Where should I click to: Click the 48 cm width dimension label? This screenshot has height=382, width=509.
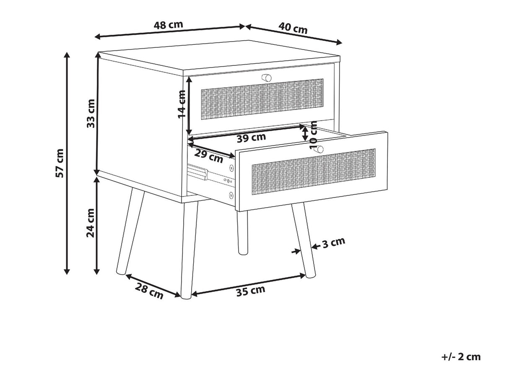[x=169, y=25]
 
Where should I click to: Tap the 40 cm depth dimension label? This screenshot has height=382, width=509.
[x=293, y=28]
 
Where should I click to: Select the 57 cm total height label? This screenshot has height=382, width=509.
[x=60, y=163]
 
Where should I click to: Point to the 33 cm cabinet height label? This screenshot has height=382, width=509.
[x=91, y=113]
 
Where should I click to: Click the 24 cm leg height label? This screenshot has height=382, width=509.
[x=91, y=223]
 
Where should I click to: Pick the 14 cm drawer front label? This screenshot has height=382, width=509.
[x=182, y=104]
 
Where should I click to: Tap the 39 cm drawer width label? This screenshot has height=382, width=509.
[x=251, y=138]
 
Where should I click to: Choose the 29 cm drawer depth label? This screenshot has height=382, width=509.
[x=208, y=156]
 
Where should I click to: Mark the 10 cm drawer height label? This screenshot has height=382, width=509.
[x=313, y=135]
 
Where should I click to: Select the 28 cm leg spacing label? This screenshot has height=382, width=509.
[x=149, y=291]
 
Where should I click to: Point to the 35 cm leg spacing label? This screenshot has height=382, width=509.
[x=251, y=291]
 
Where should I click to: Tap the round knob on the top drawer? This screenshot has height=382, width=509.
[x=266, y=78]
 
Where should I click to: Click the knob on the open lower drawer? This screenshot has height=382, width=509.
[x=320, y=149]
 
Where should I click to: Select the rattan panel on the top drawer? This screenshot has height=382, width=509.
[x=262, y=99]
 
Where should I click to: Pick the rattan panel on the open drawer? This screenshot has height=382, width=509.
[x=313, y=172]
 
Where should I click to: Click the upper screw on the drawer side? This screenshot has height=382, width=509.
[x=231, y=168]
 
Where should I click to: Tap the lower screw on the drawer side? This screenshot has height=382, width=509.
[x=231, y=195]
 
